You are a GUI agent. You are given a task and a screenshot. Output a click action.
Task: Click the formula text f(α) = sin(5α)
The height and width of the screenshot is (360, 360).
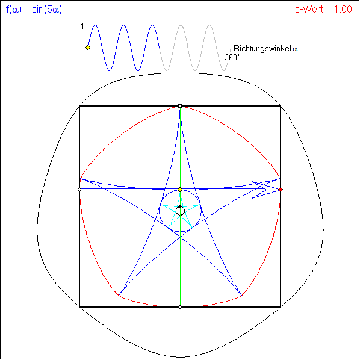(34, 10)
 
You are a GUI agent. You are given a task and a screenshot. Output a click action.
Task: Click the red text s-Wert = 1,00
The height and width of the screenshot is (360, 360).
(323, 10)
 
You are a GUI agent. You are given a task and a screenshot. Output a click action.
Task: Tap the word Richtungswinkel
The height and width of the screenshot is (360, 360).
(262, 49)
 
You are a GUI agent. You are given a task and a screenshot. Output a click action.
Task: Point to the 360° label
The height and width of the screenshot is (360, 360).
(232, 57)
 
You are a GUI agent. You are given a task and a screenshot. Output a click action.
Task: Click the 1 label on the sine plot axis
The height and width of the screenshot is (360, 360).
(83, 27)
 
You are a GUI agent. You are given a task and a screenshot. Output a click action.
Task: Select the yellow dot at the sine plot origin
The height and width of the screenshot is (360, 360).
(88, 48)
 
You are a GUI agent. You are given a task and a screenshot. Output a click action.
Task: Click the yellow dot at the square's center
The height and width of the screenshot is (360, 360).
(180, 190)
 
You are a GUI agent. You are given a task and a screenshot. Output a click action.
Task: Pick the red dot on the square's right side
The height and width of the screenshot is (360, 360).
(281, 190)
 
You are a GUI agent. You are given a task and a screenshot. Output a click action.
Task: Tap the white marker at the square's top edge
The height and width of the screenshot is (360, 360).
(180, 106)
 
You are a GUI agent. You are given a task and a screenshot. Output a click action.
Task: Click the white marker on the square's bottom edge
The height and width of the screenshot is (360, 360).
(180, 307)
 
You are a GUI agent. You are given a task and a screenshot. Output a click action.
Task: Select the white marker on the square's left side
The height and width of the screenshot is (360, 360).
(79, 190)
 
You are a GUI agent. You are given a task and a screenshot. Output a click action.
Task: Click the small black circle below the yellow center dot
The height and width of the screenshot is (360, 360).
(180, 211)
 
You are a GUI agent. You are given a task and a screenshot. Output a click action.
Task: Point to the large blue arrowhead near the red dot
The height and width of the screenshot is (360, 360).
(262, 190)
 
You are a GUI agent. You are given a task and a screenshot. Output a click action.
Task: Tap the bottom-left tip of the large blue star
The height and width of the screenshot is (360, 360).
(119, 295)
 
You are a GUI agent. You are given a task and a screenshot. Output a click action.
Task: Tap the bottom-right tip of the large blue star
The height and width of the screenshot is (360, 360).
(241, 295)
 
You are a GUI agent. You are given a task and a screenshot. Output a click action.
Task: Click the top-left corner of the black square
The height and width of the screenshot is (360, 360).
(79, 106)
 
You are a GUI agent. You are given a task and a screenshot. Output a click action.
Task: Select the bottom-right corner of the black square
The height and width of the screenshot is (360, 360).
(281, 307)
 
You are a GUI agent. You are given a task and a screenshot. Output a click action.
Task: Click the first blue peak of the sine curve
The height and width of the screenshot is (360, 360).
(95, 25)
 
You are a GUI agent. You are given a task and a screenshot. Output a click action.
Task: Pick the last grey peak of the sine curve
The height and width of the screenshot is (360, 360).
(209, 25)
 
